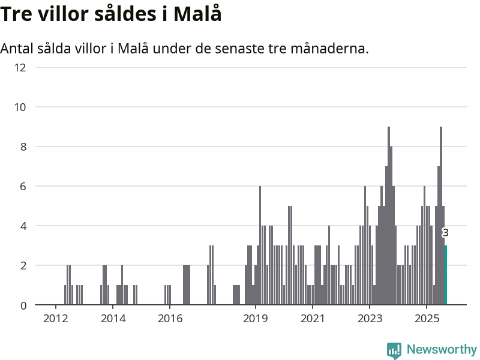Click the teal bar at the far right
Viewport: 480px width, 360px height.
click(446, 275)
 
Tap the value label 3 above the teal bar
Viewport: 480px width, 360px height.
click(445, 233)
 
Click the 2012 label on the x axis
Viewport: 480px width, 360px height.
click(56, 317)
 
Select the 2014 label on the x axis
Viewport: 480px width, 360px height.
click(113, 317)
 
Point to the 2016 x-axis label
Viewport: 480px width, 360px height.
click(170, 317)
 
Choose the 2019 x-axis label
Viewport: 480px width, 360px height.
click(256, 317)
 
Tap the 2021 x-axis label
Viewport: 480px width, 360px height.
click(313, 317)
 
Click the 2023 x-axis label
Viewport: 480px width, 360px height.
click(370, 317)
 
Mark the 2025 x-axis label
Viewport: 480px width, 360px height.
click(426, 317)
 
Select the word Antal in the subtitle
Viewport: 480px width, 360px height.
click(17, 48)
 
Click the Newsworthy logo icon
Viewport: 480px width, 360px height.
click(394, 350)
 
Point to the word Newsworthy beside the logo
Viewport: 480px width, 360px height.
click(442, 349)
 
